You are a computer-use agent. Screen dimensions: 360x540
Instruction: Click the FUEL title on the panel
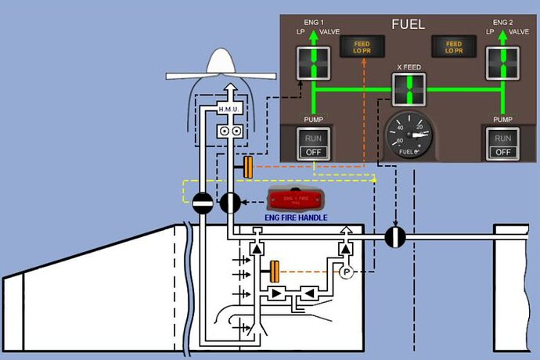408,25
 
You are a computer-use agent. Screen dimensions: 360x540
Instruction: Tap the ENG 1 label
312,21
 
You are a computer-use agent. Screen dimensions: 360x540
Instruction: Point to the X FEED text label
409,67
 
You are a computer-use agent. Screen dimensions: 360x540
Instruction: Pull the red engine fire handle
295,200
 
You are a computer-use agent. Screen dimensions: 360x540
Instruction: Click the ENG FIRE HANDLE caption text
295,217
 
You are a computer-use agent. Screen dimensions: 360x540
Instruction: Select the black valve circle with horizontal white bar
203,203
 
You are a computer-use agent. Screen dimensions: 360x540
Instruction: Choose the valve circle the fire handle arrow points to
230,203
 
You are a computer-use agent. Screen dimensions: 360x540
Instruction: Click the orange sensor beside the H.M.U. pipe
248,167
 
